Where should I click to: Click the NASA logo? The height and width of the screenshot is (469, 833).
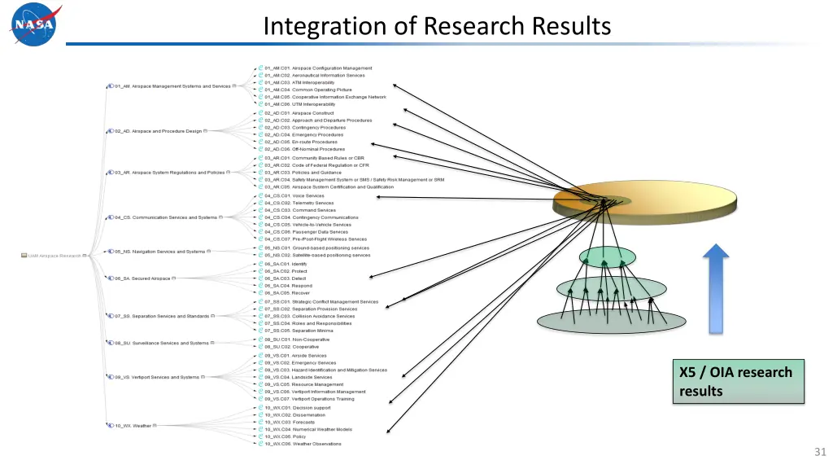click(x=35, y=25)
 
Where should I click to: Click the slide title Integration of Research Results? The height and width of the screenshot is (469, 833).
click(x=437, y=26)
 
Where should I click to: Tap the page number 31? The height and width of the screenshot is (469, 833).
click(x=819, y=452)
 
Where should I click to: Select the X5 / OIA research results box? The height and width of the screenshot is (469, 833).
click(x=737, y=381)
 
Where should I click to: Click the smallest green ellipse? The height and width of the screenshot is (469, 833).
click(x=606, y=257)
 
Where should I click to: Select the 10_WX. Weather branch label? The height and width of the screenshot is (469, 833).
click(x=133, y=425)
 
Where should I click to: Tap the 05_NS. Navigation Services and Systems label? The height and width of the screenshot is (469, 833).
click(x=159, y=252)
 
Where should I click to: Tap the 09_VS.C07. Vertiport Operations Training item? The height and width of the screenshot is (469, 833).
click(x=308, y=399)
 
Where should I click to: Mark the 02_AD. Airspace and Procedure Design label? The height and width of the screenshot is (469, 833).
click(x=158, y=130)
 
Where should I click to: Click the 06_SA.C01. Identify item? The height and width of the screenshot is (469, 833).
click(x=286, y=264)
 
